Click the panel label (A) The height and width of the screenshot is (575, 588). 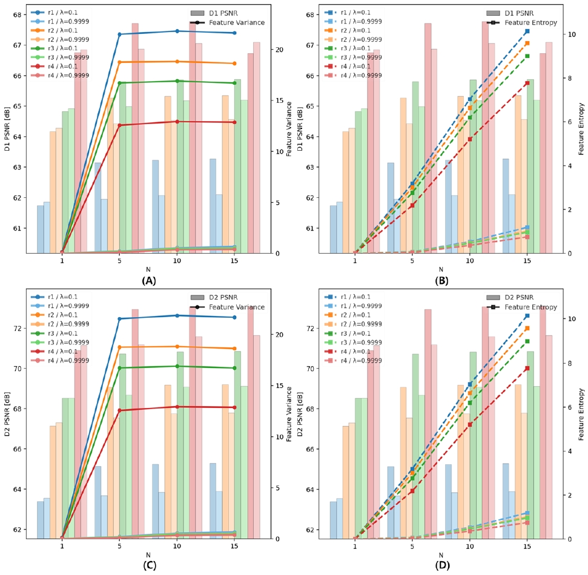click(x=148, y=281)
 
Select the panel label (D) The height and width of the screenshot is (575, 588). click(x=441, y=566)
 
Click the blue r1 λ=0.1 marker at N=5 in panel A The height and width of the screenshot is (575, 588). click(x=119, y=34)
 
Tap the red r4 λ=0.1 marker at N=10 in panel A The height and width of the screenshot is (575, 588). click(x=177, y=122)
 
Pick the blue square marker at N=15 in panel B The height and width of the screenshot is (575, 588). click(x=527, y=31)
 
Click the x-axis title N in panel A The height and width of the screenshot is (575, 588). click(x=148, y=269)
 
